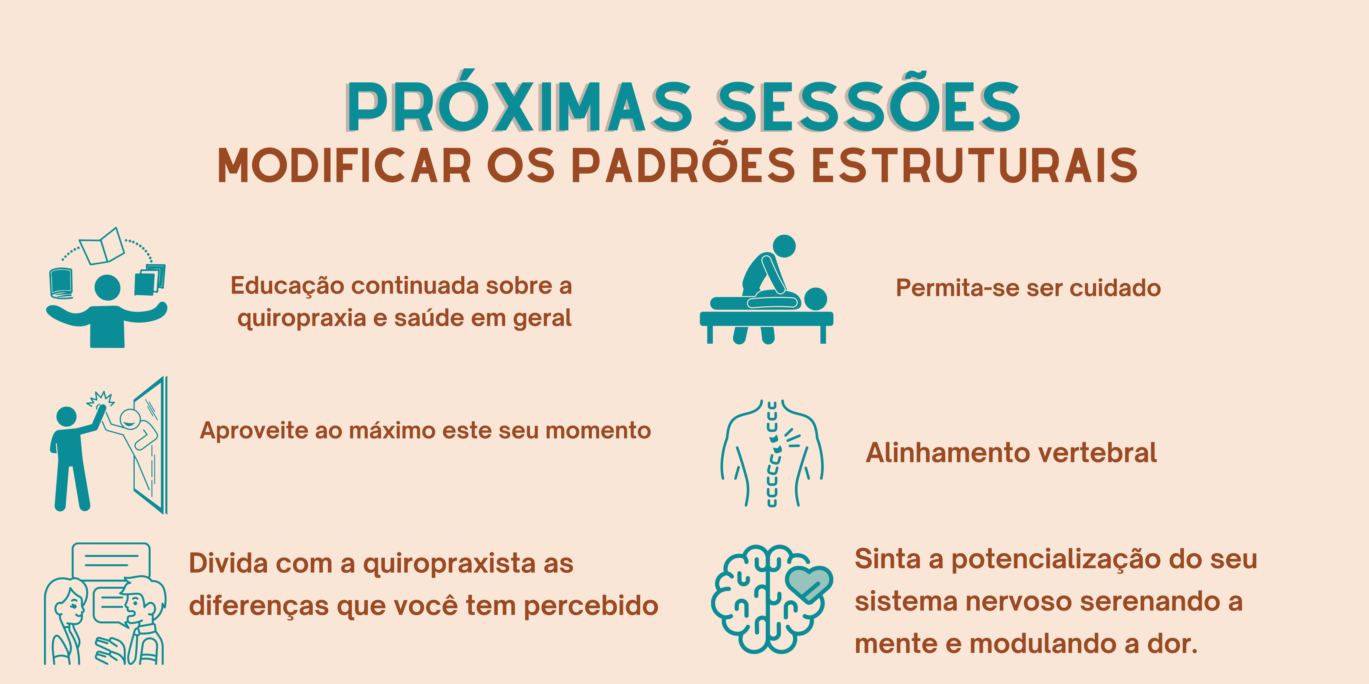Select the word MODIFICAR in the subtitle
(344, 166)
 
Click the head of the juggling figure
(107, 287)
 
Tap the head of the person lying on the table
(815, 299)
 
